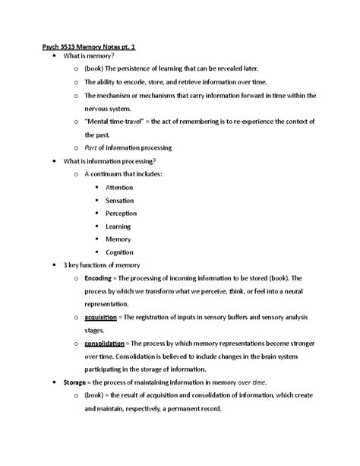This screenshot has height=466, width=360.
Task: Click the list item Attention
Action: click(120, 187)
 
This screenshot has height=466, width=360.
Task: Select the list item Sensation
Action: click(120, 200)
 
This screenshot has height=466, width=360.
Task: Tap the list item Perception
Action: click(122, 213)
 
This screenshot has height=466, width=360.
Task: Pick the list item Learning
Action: click(118, 226)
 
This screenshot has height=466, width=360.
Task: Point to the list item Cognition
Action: click(120, 252)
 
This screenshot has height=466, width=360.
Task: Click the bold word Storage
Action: click(78, 382)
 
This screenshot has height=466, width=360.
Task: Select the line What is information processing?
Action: click(108, 161)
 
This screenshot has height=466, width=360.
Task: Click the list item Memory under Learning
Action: click(118, 239)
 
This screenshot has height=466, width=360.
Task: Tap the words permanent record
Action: click(193, 408)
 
